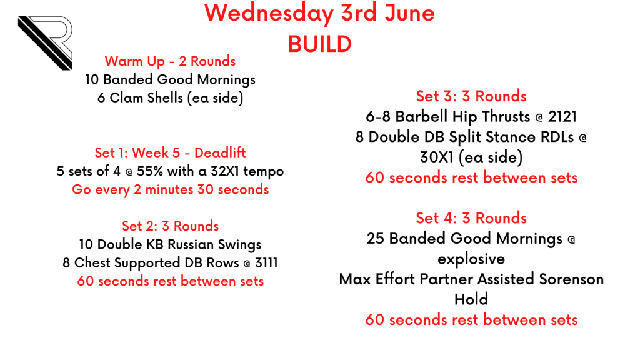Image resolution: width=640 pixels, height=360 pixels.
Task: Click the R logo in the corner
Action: coord(45,42)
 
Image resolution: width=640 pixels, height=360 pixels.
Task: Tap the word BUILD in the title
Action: coord(320,44)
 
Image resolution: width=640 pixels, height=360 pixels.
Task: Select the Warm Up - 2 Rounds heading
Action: coord(170,61)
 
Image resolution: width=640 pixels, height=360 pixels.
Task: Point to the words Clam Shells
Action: coord(146,97)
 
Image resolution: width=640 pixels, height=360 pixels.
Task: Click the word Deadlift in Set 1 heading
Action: coord(220,152)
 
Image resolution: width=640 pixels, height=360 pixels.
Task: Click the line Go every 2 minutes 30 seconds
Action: coord(170,189)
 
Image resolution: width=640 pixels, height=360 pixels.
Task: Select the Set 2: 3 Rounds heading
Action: coord(170,226)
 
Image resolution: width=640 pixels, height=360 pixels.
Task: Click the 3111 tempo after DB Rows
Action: coord(266,263)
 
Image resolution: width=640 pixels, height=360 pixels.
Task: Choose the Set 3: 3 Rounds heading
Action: coord(471,96)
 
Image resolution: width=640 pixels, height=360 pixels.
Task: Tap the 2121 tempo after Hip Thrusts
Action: coord(562,117)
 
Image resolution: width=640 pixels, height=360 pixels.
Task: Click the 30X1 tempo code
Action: coord(437,157)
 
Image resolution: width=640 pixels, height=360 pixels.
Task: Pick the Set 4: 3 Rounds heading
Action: coord(471,218)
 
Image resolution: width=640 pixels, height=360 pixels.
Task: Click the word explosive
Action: coord(471,259)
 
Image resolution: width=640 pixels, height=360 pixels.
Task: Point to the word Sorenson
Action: coord(571,279)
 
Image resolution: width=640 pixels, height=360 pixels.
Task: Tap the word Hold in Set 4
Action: coord(471,299)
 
